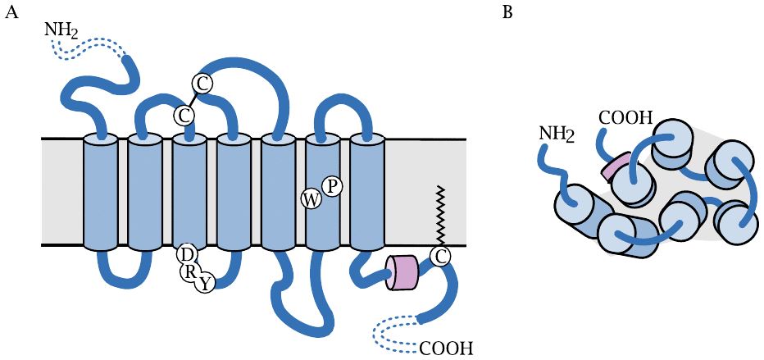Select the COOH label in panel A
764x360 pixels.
pyautogui.click(x=446, y=348)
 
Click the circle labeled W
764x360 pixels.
pyautogui.click(x=312, y=199)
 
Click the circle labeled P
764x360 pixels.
pyautogui.click(x=331, y=186)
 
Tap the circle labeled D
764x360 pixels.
pyautogui.click(x=185, y=255)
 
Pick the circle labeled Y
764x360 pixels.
pyautogui.click(x=206, y=284)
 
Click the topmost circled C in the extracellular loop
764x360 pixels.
pyautogui.click(x=202, y=82)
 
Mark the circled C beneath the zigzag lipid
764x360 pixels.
pyautogui.click(x=440, y=257)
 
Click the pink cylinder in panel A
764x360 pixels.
pyautogui.click(x=402, y=271)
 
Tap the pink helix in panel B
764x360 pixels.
pyautogui.click(x=616, y=167)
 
